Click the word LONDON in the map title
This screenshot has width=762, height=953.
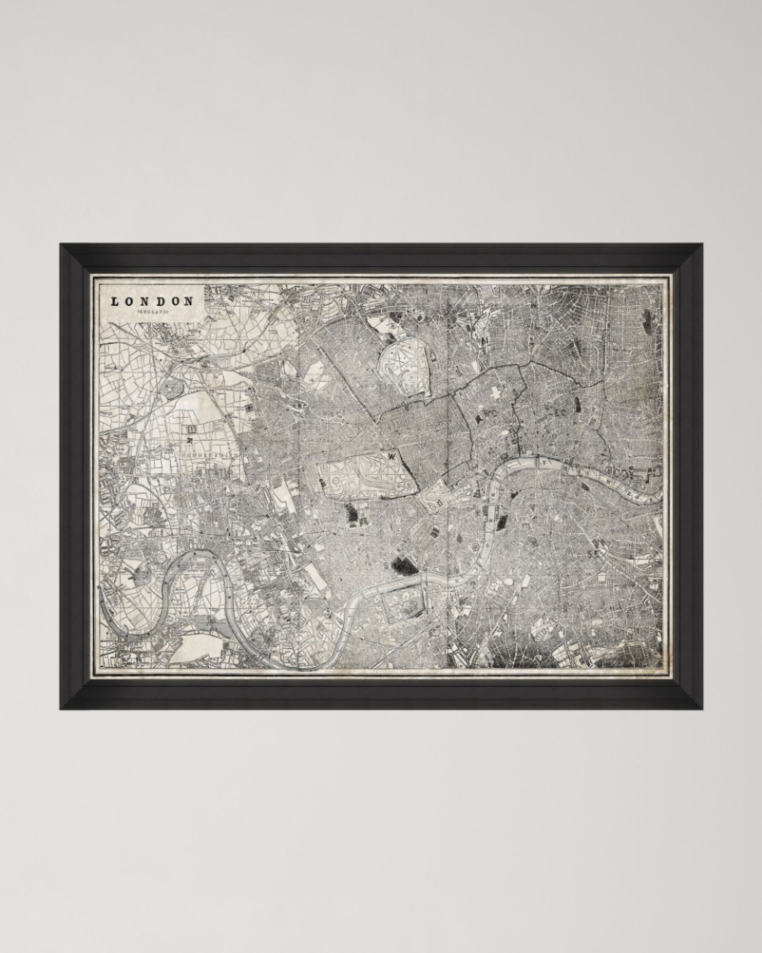coord(152,302)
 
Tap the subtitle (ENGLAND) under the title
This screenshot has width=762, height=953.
coord(152,312)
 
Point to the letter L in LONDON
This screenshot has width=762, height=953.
coord(114,302)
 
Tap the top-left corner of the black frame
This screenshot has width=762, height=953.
coord(61,244)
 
